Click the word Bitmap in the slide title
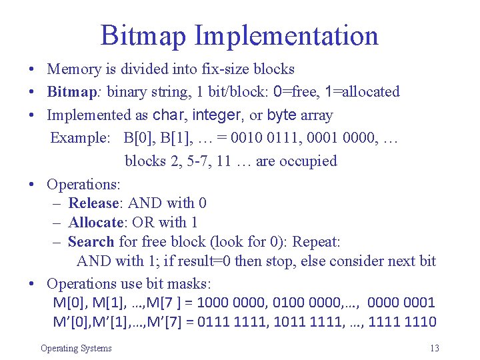(143, 35)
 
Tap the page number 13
(435, 348)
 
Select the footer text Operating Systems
(76, 348)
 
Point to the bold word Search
(91, 241)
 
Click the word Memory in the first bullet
(74, 69)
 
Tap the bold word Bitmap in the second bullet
(71, 91)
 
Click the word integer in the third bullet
(216, 115)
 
